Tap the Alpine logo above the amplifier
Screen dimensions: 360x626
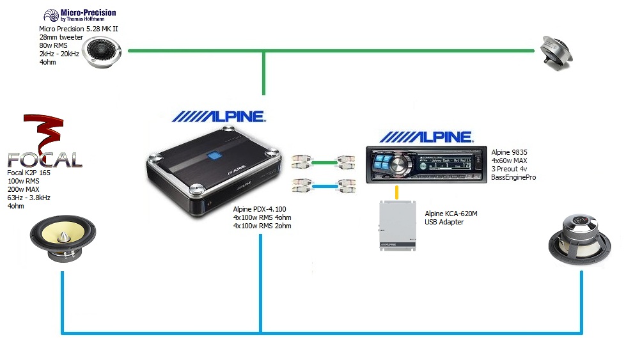pyautogui.click(x=219, y=116)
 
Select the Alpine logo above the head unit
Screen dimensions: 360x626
pyautogui.click(x=426, y=137)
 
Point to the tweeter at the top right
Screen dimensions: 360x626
pyautogui.click(x=557, y=51)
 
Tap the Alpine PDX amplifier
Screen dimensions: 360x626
pyautogui.click(x=212, y=176)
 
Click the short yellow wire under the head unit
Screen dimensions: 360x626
pyautogui.click(x=398, y=192)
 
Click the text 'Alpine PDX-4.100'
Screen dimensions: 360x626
pyautogui.click(x=260, y=208)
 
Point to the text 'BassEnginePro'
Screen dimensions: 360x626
pyautogui.click(x=513, y=177)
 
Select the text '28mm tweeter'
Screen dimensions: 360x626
pyautogui.click(x=61, y=38)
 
